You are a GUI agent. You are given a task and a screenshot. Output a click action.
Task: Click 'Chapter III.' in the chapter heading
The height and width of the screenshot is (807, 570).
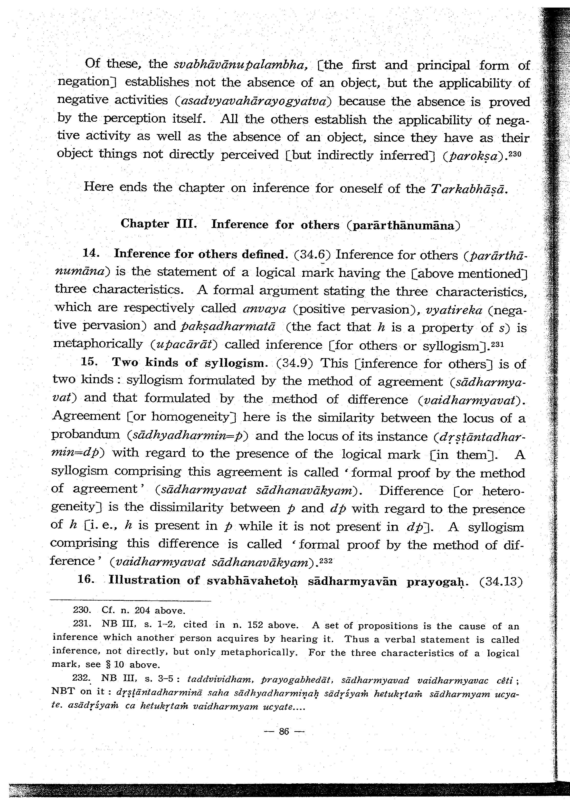coord(157,224)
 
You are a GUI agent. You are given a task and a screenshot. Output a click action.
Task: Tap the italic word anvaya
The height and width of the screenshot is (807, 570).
coord(265,309)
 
